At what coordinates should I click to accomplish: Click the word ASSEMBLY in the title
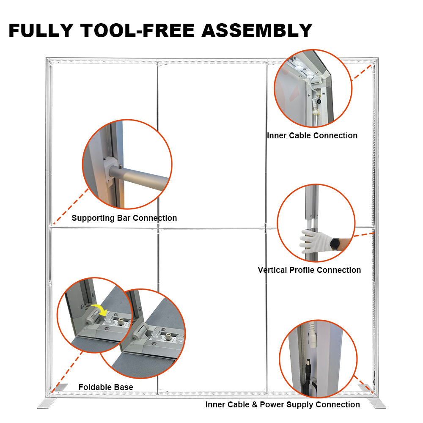[x=257, y=30]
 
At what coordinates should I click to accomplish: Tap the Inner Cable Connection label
[x=312, y=135]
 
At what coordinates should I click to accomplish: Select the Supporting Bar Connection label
[x=124, y=218]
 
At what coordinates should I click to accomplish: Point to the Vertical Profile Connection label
[x=309, y=270]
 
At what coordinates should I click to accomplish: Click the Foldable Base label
[x=106, y=387]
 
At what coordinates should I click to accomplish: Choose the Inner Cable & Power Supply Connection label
[x=283, y=404]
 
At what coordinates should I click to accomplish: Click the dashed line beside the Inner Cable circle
[x=362, y=72]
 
